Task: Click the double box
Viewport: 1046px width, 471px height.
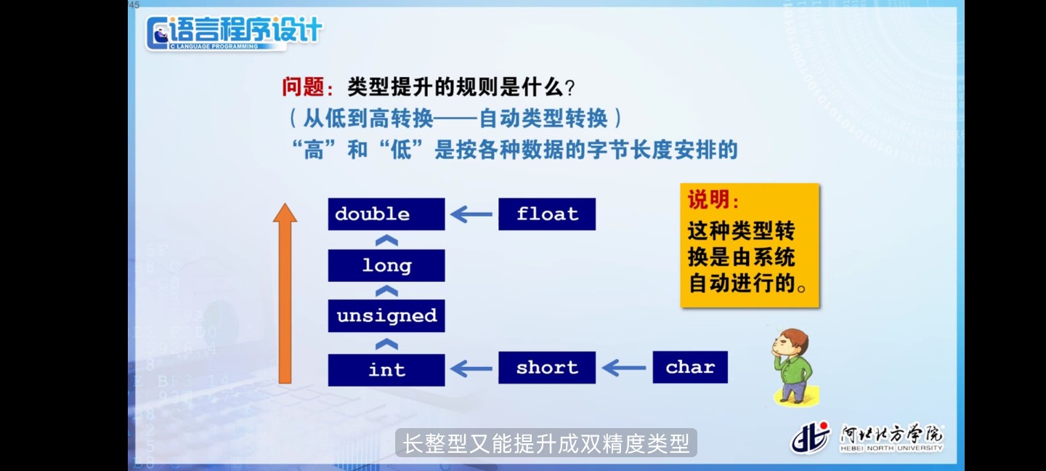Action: (386, 214)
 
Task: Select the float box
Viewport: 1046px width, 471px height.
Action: (547, 214)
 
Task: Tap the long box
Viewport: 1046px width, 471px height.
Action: (386, 265)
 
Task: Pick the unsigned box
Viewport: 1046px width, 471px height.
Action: (386, 316)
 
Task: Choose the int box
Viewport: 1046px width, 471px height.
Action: (386, 370)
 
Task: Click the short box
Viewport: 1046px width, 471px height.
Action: (547, 368)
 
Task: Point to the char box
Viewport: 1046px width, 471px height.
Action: (690, 367)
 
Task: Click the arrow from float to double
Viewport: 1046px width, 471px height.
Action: (471, 214)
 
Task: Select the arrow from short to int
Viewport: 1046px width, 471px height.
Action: (471, 369)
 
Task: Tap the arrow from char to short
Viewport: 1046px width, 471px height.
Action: (624, 368)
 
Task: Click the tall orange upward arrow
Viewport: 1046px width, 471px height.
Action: (285, 294)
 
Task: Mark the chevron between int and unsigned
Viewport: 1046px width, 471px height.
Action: (386, 344)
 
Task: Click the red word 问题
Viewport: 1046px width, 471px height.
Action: (303, 87)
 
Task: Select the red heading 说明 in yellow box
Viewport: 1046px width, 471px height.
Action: (708, 199)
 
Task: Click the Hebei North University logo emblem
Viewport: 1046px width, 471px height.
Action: (810, 438)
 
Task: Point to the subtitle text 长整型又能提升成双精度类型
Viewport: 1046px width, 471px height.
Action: (546, 443)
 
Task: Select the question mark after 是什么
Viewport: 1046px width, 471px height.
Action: (569, 88)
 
